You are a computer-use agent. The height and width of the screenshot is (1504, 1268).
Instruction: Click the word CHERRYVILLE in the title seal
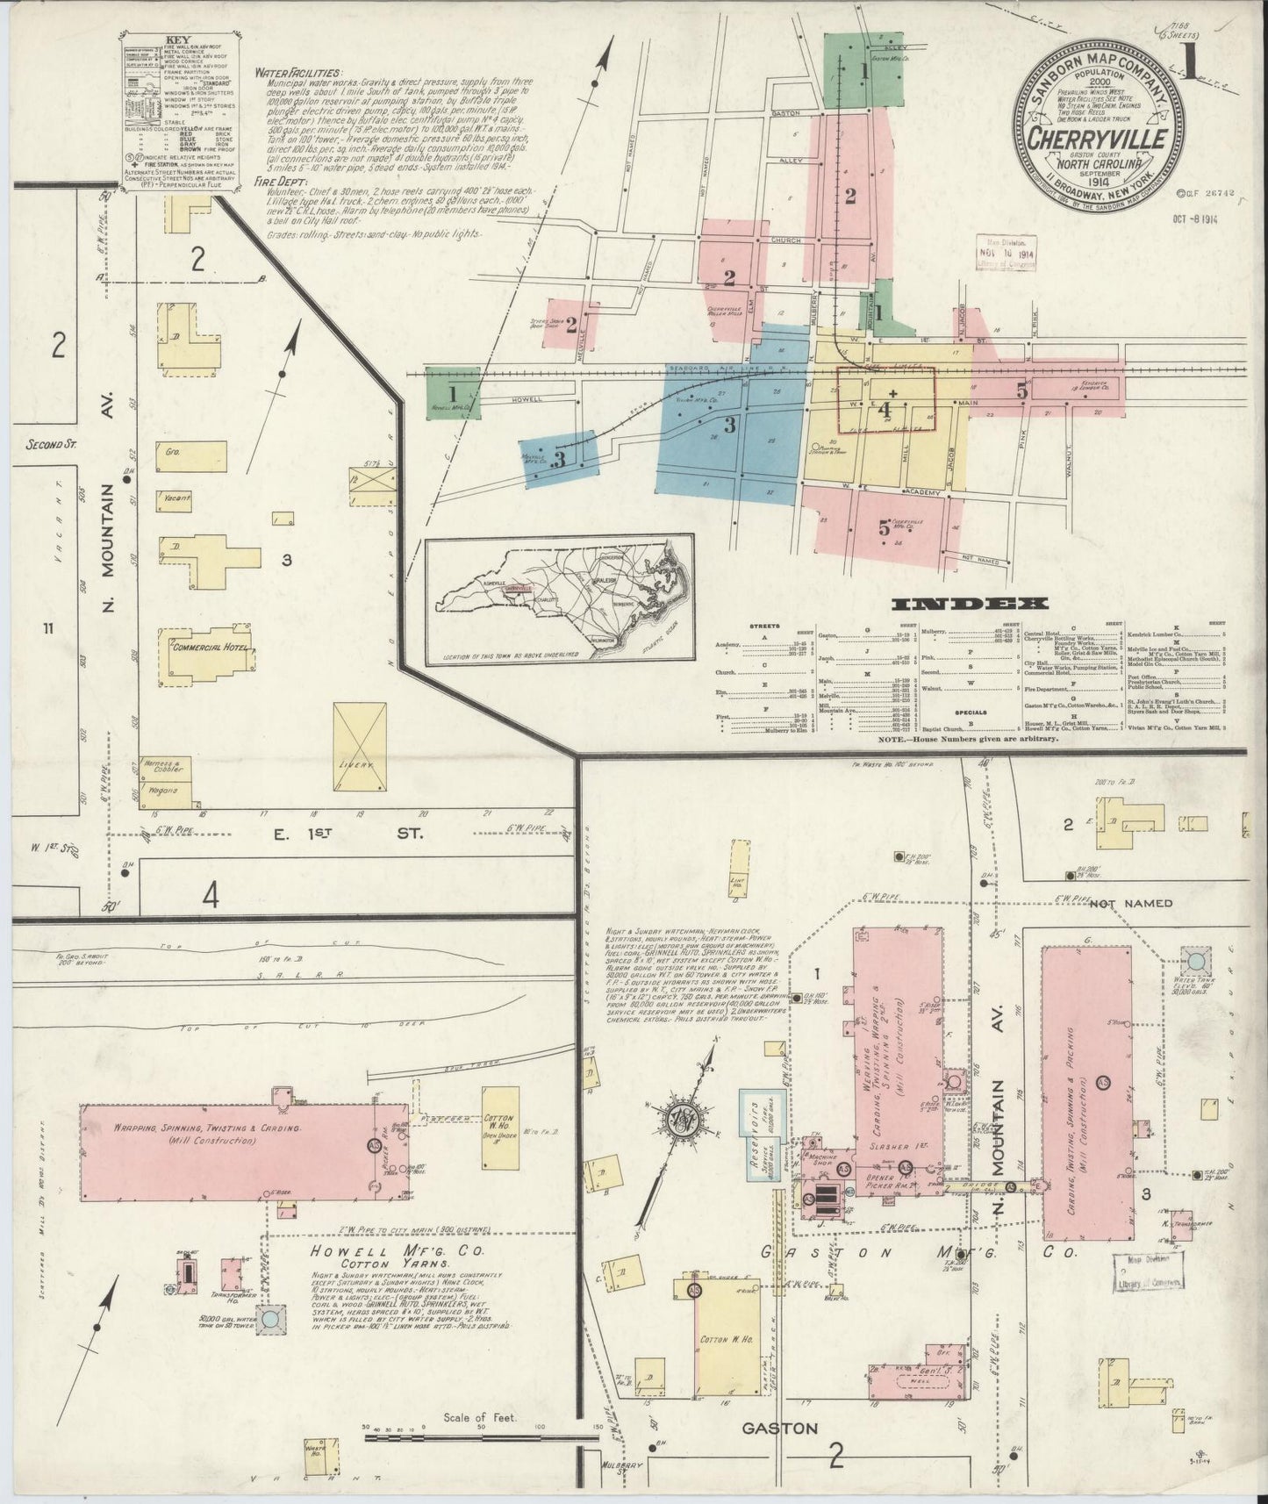point(1098,140)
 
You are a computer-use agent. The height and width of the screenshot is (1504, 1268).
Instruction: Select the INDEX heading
point(971,604)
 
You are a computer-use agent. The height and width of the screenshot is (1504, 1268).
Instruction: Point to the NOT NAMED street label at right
point(1134,902)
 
